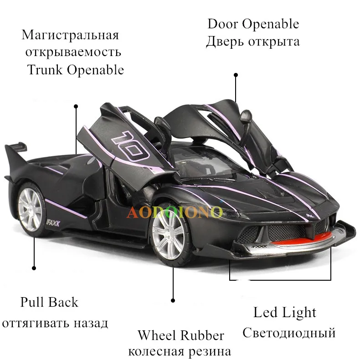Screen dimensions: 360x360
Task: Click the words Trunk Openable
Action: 75,70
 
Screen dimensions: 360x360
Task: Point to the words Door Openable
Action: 253,24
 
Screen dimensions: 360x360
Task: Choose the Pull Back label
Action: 49,302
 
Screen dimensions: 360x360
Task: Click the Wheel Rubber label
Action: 181,335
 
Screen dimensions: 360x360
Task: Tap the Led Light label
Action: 285,313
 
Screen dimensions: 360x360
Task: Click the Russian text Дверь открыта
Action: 253,42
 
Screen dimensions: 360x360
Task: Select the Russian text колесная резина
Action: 180,351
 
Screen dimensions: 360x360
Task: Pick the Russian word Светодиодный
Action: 289,332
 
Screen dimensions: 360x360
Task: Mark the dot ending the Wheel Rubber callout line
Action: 173,300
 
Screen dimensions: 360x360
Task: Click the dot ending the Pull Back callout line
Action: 34,268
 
